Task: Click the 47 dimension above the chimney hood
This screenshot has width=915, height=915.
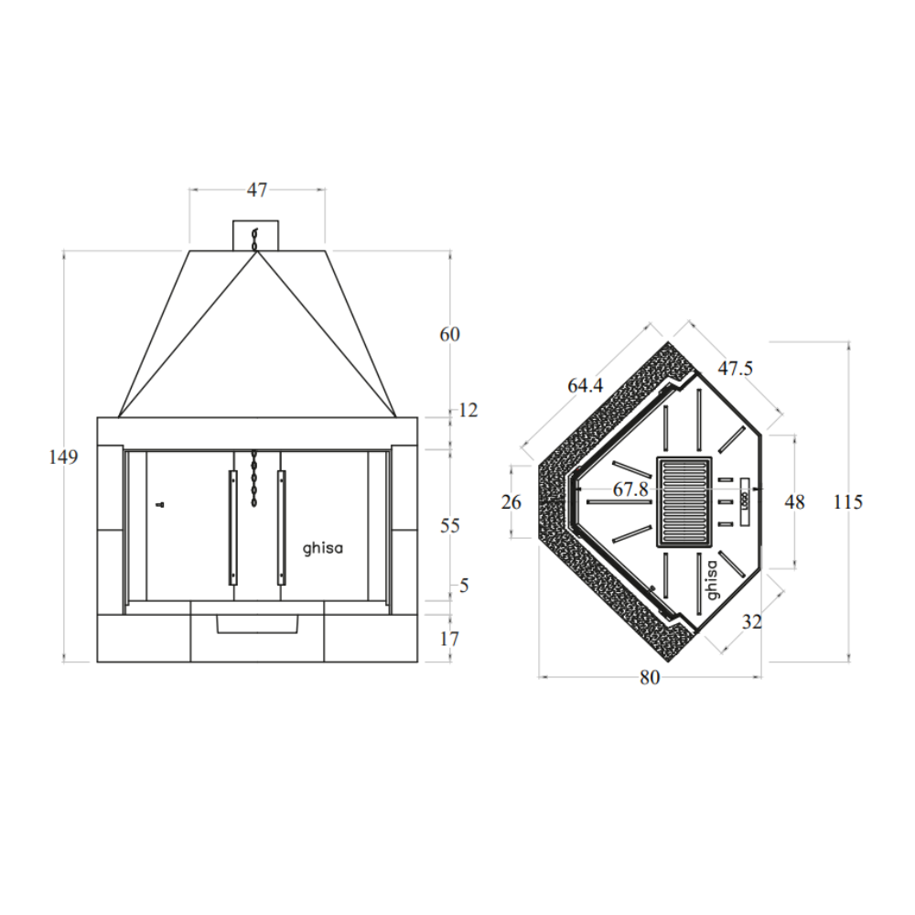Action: [x=257, y=189]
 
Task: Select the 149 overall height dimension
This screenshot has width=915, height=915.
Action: [x=63, y=457]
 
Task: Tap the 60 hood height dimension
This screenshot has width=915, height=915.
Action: [x=449, y=334]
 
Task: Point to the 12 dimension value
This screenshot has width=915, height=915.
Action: [x=468, y=410]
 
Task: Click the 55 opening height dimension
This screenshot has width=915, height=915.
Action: [x=449, y=526]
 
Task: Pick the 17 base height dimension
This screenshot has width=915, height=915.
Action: [x=449, y=639]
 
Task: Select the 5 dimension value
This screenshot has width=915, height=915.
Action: [x=464, y=586]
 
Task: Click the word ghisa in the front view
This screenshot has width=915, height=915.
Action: [x=323, y=548]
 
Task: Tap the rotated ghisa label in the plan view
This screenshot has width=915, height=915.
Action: [x=712, y=580]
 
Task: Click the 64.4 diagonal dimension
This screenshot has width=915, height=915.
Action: [x=586, y=386]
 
